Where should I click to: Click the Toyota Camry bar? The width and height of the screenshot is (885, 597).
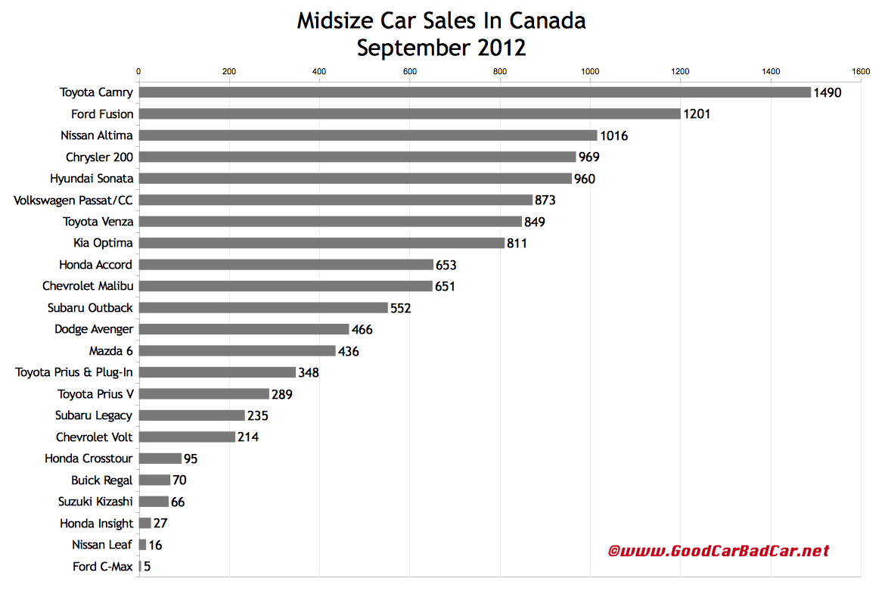point(474,92)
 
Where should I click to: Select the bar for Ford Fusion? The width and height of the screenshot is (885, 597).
point(409,114)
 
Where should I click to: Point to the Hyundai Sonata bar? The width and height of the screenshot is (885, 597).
point(355,179)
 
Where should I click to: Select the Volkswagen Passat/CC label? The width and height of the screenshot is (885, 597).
point(73,200)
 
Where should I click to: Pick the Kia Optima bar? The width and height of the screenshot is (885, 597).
point(321,243)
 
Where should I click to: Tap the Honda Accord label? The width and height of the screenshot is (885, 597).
point(95,265)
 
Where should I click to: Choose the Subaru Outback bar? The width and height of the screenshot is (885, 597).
point(263,308)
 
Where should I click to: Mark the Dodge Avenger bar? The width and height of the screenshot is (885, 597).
point(244,329)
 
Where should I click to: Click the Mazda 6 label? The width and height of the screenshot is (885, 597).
point(110,351)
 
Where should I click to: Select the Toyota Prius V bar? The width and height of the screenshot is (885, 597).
point(203,394)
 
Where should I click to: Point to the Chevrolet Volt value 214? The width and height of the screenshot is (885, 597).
point(249,437)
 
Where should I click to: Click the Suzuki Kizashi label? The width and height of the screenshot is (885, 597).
point(95,502)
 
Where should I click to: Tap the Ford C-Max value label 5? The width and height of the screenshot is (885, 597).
point(147,567)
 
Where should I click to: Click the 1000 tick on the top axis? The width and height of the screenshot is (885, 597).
point(590,72)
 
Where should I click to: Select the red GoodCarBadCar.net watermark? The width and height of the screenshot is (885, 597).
point(718,551)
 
